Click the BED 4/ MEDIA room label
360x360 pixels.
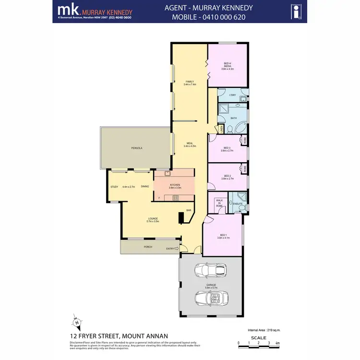[227, 65]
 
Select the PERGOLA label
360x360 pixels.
[137, 148]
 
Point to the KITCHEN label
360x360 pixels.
[175, 185]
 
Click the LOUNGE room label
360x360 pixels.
[153, 219]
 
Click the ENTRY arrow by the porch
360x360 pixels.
[177, 248]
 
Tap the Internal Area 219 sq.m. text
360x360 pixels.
[264, 331]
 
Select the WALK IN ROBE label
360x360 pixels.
[219, 203]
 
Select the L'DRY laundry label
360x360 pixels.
[232, 95]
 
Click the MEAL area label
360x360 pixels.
[190, 144]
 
